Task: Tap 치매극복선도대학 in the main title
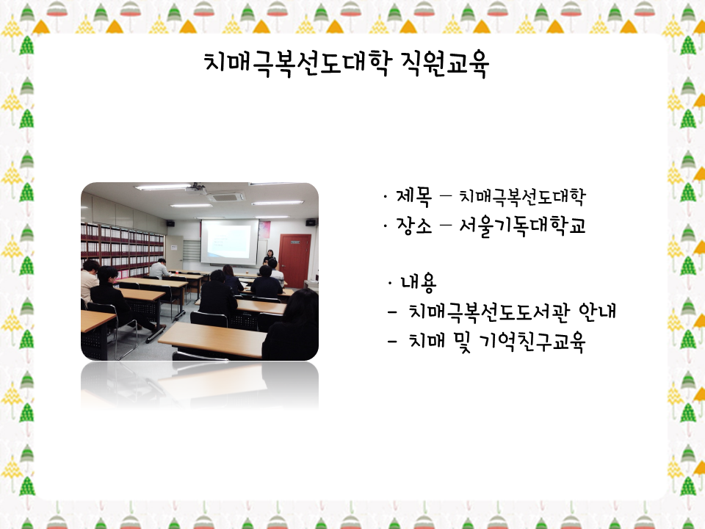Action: click(x=297, y=63)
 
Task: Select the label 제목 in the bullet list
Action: click(x=413, y=196)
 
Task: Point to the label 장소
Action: click(x=413, y=226)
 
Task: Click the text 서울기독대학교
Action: click(x=522, y=226)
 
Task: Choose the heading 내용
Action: click(x=418, y=282)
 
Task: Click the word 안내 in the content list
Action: click(x=597, y=311)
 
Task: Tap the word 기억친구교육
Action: click(x=532, y=342)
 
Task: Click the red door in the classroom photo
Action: click(x=295, y=260)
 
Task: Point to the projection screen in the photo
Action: click(x=230, y=242)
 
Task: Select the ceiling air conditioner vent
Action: click(x=226, y=197)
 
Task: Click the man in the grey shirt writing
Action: click(x=159, y=269)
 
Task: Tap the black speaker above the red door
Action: click(x=311, y=222)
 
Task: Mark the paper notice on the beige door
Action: click(x=174, y=248)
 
